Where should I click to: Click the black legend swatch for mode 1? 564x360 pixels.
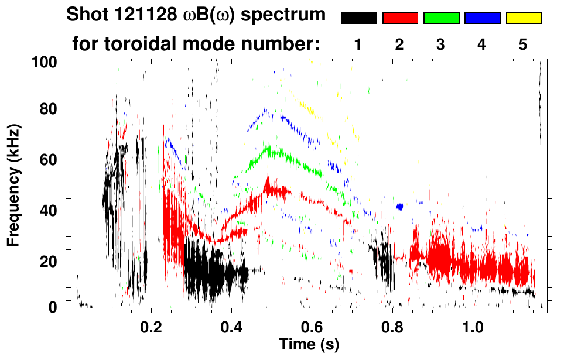click(x=359, y=18)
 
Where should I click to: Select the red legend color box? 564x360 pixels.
click(x=400, y=18)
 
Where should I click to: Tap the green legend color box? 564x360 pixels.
click(x=441, y=18)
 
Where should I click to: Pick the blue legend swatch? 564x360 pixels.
click(x=482, y=18)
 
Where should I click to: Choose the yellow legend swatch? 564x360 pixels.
click(x=523, y=18)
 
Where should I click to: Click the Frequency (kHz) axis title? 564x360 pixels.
click(x=14, y=184)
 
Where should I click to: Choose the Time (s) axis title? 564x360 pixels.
click(x=308, y=344)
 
